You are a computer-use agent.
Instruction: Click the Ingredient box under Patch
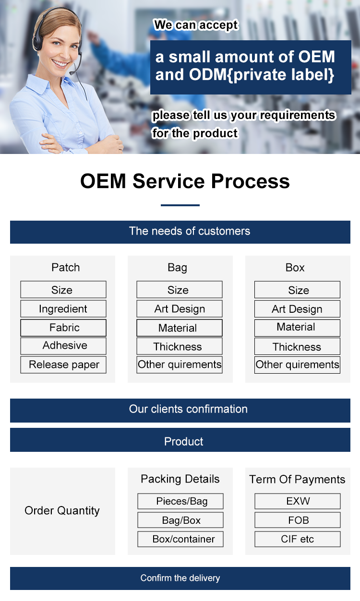point(63,308)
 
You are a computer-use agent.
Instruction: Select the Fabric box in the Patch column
point(63,328)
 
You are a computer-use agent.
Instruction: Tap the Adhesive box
point(63,346)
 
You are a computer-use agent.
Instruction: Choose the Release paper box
point(63,365)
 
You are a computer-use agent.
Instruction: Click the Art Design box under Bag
point(180,308)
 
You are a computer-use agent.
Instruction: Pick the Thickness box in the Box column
point(297,346)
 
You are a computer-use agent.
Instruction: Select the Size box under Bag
point(180,290)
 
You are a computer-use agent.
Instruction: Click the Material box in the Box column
point(297,328)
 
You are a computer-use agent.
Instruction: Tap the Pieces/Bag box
point(180,501)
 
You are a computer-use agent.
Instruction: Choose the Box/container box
point(180,539)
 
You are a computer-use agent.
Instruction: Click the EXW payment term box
point(298,501)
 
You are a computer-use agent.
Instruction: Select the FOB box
point(298,520)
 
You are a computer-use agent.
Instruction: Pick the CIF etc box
point(298,539)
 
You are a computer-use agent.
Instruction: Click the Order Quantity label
point(62,510)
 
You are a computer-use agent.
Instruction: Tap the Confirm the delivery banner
point(180,578)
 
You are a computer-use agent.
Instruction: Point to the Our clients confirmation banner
point(180,411)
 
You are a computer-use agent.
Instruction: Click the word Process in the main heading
point(250,181)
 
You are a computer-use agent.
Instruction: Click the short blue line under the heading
point(180,205)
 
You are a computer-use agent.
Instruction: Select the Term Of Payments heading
point(297,480)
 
